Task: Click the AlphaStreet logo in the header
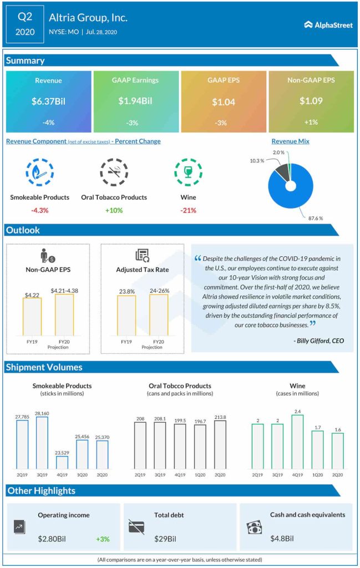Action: [x=328, y=25]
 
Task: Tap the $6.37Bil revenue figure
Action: [x=48, y=102]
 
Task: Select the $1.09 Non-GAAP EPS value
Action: [x=311, y=102]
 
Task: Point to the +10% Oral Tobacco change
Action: [x=114, y=210]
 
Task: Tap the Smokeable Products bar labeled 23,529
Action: [x=62, y=462]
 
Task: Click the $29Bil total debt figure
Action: [x=165, y=539]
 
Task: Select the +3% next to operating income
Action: [x=103, y=539]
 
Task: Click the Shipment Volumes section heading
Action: [x=44, y=367]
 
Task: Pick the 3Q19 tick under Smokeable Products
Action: [x=42, y=475]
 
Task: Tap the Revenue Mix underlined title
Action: [x=290, y=141]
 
